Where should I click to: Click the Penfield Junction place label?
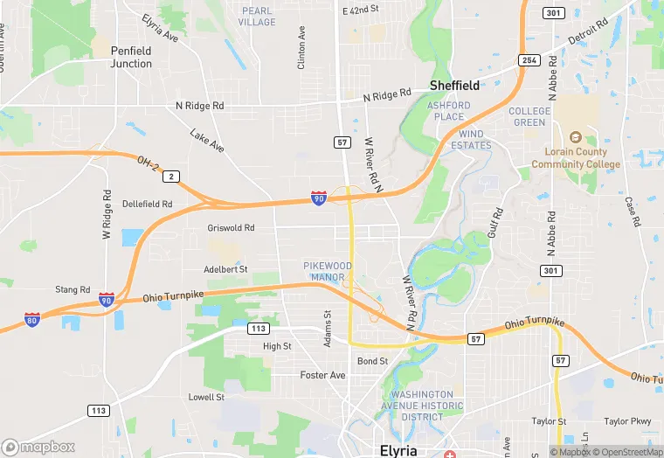(x=131, y=57)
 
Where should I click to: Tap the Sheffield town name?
(x=454, y=85)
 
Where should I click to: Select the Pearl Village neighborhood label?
(x=257, y=17)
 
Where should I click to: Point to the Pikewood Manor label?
(x=328, y=271)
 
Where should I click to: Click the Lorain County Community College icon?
(x=575, y=138)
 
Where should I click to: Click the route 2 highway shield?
(x=173, y=177)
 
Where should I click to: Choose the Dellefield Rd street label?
(x=148, y=204)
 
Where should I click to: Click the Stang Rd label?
(x=73, y=289)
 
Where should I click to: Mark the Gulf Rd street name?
(x=497, y=224)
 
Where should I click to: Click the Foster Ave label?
(x=323, y=375)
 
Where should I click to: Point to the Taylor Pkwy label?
(x=628, y=420)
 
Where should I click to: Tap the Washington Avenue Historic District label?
(x=422, y=405)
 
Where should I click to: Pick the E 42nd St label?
(x=361, y=10)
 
